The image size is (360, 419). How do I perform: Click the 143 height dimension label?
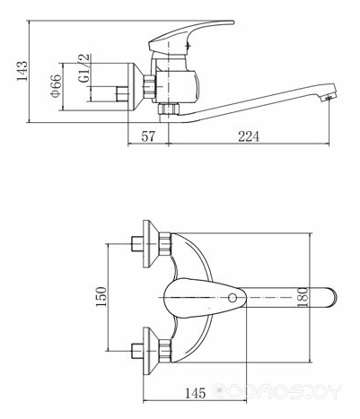pyautogui.click(x=22, y=71)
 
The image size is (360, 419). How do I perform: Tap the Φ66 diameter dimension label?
pyautogui.click(x=56, y=86)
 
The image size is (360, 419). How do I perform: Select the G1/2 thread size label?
pyautogui.click(x=84, y=68)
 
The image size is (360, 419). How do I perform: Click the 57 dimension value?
pyautogui.click(x=148, y=136)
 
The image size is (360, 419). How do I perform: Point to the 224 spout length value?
pyautogui.click(x=249, y=136)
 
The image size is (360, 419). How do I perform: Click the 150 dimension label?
pyautogui.click(x=101, y=296)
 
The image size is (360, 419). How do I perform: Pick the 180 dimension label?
pyautogui.click(x=303, y=297)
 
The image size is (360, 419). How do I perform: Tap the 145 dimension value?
pyautogui.click(x=195, y=393)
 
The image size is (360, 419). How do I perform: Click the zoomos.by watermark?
pyautogui.click(x=277, y=390)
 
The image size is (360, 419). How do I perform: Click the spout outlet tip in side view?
pyautogui.click(x=329, y=95)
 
